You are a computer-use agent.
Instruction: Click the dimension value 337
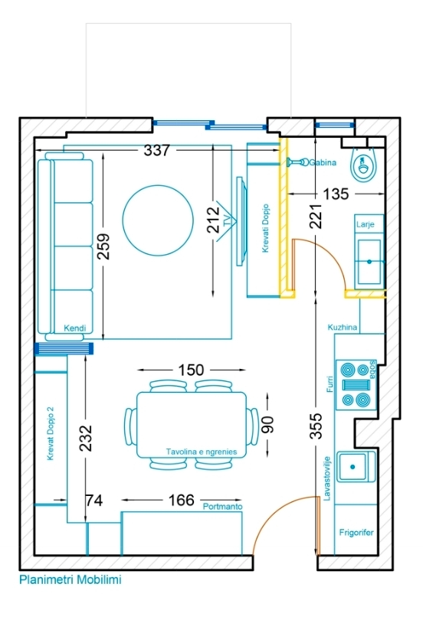pyautogui.click(x=156, y=151)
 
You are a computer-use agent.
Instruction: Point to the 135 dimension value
pyautogui.click(x=334, y=194)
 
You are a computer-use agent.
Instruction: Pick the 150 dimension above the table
pyautogui.click(x=191, y=370)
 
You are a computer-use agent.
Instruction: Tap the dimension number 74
pyautogui.click(x=93, y=501)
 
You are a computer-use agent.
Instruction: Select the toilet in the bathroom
pyautogui.click(x=362, y=162)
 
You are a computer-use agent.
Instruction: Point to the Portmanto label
pyautogui.click(x=222, y=507)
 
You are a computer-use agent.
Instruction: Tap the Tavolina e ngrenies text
pyautogui.click(x=202, y=452)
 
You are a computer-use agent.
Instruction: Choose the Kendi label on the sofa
pyautogui.click(x=74, y=328)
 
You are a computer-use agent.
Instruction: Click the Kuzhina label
pyautogui.click(x=343, y=327)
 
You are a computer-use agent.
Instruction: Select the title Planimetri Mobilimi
pyautogui.click(x=70, y=581)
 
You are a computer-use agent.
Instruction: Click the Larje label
pyautogui.click(x=365, y=225)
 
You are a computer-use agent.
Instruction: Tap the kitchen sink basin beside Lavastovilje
pyautogui.click(x=355, y=464)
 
